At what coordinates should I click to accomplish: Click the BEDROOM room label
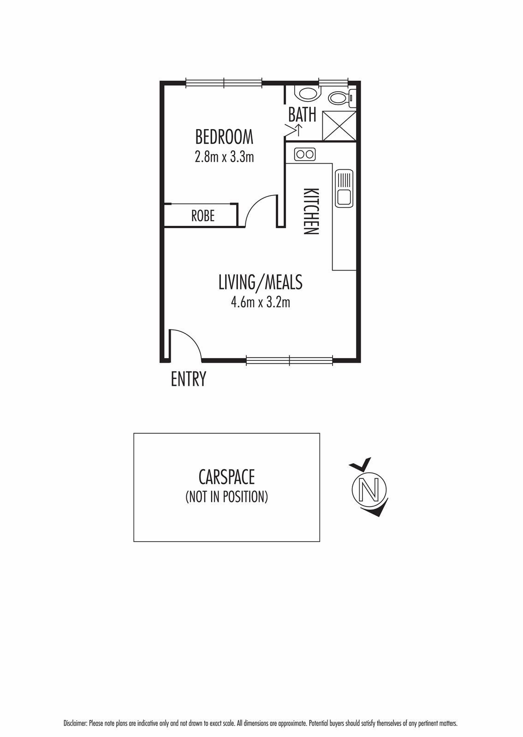(224, 137)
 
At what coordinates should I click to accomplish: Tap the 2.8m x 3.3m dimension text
(224, 157)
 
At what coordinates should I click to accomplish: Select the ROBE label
(203, 216)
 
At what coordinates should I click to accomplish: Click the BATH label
(302, 114)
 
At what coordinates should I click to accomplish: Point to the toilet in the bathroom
(340, 98)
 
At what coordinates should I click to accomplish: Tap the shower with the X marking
(339, 126)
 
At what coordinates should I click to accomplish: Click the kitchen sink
(344, 188)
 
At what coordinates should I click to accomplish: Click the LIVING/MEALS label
(260, 282)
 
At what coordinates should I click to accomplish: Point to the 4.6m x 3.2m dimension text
(260, 302)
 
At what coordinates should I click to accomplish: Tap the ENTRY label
(188, 379)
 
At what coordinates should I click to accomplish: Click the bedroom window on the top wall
(224, 83)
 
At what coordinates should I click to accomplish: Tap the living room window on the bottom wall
(289, 360)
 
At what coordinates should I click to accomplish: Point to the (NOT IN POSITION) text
(226, 497)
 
